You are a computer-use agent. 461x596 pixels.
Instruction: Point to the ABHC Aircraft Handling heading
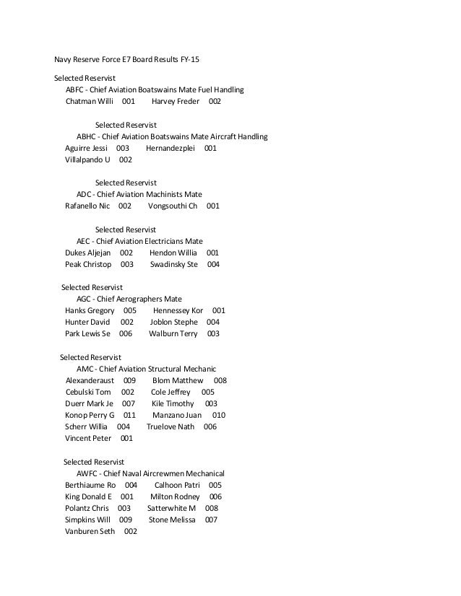(172, 136)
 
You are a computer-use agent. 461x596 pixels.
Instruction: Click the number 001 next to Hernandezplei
(210, 148)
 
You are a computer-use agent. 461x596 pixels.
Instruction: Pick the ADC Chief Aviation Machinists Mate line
(139, 194)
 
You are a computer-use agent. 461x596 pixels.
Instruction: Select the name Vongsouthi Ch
(172, 206)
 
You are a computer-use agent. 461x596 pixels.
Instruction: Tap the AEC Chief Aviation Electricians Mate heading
(139, 240)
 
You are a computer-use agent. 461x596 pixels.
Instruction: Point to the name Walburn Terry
(173, 333)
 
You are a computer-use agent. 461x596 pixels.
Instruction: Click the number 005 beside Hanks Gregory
(130, 310)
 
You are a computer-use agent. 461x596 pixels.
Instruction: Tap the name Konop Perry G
(90, 415)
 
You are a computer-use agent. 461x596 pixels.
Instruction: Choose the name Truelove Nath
(171, 426)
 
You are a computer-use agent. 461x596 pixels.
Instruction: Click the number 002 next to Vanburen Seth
(131, 531)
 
